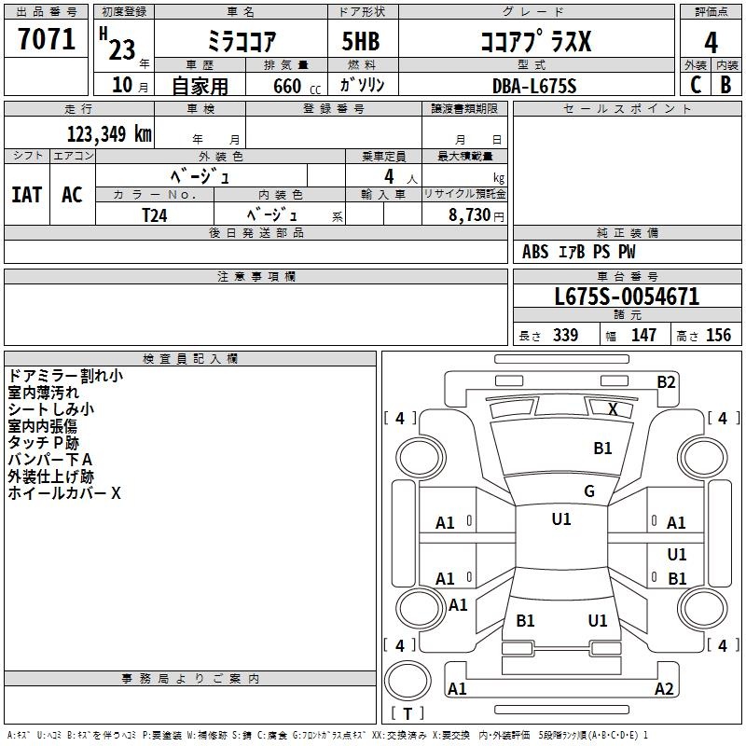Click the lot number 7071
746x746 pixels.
(x=47, y=39)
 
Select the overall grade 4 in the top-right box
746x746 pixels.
(x=711, y=42)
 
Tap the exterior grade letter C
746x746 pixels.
(x=696, y=85)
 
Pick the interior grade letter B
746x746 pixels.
(x=725, y=85)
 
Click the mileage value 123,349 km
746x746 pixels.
(x=109, y=134)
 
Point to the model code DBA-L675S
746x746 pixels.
(x=534, y=86)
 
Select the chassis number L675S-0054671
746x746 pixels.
(x=627, y=297)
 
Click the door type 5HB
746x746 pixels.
(x=361, y=41)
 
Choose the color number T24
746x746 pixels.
(x=155, y=215)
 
